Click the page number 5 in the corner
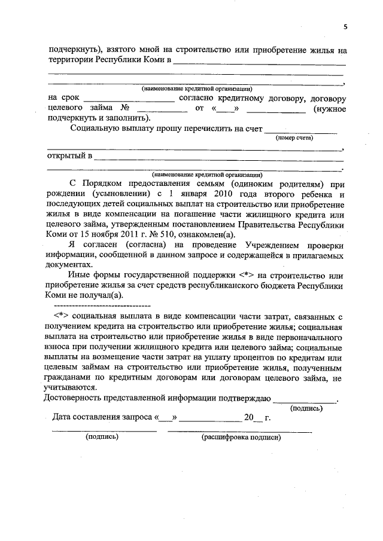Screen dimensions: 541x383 click(x=345, y=26)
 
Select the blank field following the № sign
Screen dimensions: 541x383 click(x=162, y=109)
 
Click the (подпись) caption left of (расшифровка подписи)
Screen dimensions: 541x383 click(x=102, y=437)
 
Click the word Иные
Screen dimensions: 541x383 click(x=82, y=274)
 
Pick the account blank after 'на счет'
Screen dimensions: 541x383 click(x=301, y=129)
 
